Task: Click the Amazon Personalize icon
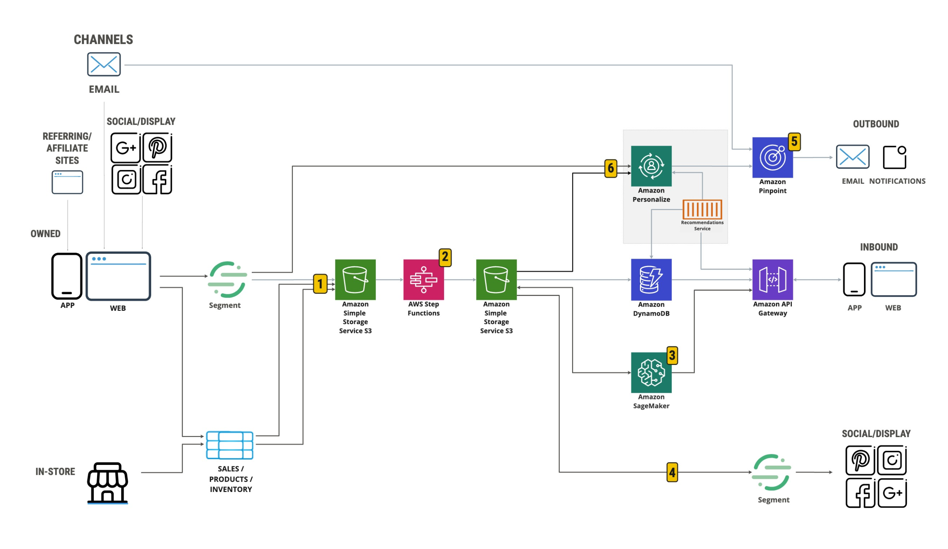[x=651, y=166]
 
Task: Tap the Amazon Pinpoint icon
[x=772, y=157]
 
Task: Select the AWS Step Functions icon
[x=424, y=280]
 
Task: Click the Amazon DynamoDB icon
[x=651, y=279]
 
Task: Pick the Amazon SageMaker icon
[x=651, y=373]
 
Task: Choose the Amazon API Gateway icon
[x=772, y=280]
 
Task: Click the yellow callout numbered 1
[x=320, y=284]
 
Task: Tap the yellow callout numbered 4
[x=672, y=472]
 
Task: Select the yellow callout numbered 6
[x=611, y=168]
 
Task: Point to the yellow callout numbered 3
[x=672, y=356]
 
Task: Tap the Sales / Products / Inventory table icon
[x=230, y=445]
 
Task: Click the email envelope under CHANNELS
[x=104, y=64]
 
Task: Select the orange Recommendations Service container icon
[x=702, y=209]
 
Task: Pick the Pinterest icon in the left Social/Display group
[x=157, y=147]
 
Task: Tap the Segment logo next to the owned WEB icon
[x=227, y=280]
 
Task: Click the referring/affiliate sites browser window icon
[x=67, y=182]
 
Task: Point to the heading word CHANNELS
[x=103, y=40]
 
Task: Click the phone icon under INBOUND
[x=854, y=280]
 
